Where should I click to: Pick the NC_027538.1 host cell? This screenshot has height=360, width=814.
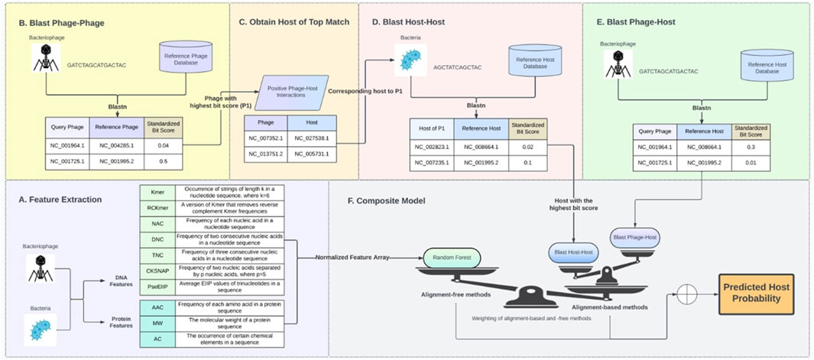click(313, 139)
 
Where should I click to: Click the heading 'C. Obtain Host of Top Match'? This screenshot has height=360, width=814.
click(294, 21)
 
